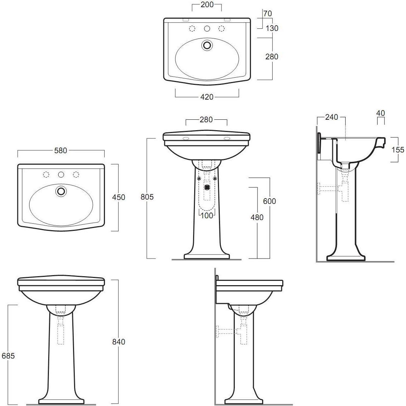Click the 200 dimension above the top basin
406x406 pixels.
(207, 4)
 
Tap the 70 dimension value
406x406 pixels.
(268, 13)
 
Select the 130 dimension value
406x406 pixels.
(272, 28)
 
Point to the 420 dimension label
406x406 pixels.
(207, 97)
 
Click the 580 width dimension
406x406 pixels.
(60, 150)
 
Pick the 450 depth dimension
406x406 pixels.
(119, 197)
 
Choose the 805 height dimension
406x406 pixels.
(147, 197)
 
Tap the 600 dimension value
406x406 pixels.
(270, 201)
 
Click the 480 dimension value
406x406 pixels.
(257, 218)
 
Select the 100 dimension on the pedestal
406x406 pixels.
(207, 215)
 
